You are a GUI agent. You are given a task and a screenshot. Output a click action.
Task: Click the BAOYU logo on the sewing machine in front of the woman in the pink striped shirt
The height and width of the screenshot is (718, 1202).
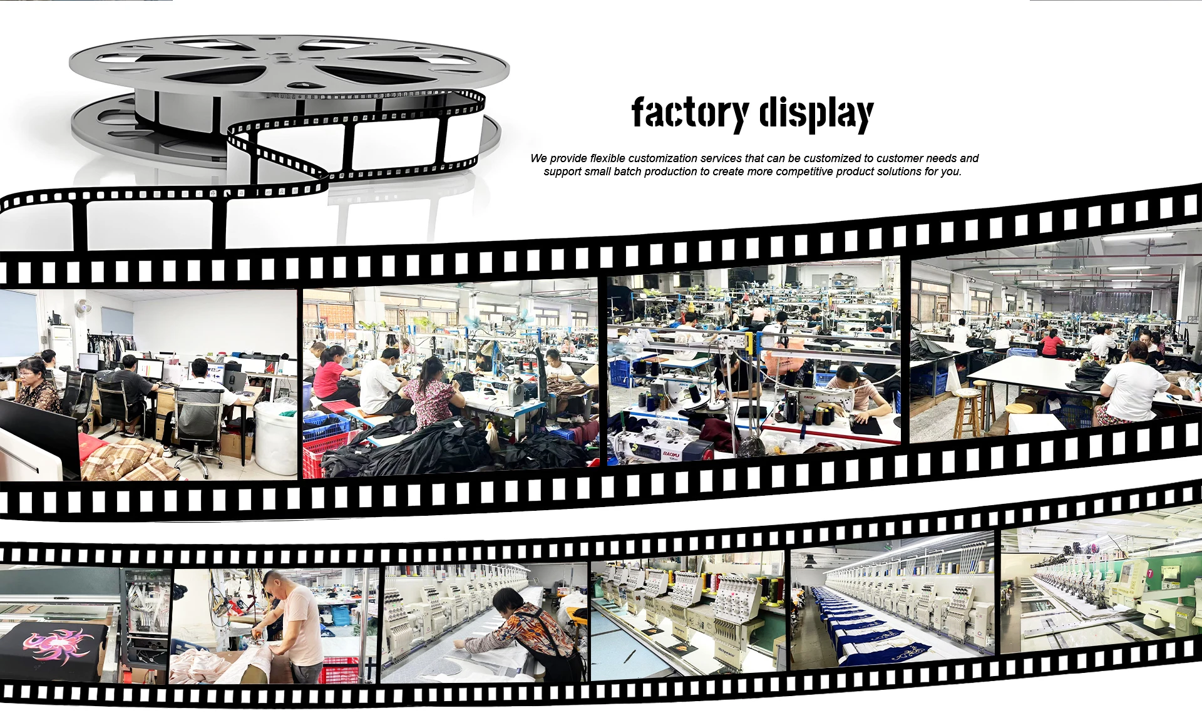(x=810, y=397)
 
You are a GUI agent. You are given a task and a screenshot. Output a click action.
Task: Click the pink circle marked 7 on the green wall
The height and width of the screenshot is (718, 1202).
(x=1149, y=573)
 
